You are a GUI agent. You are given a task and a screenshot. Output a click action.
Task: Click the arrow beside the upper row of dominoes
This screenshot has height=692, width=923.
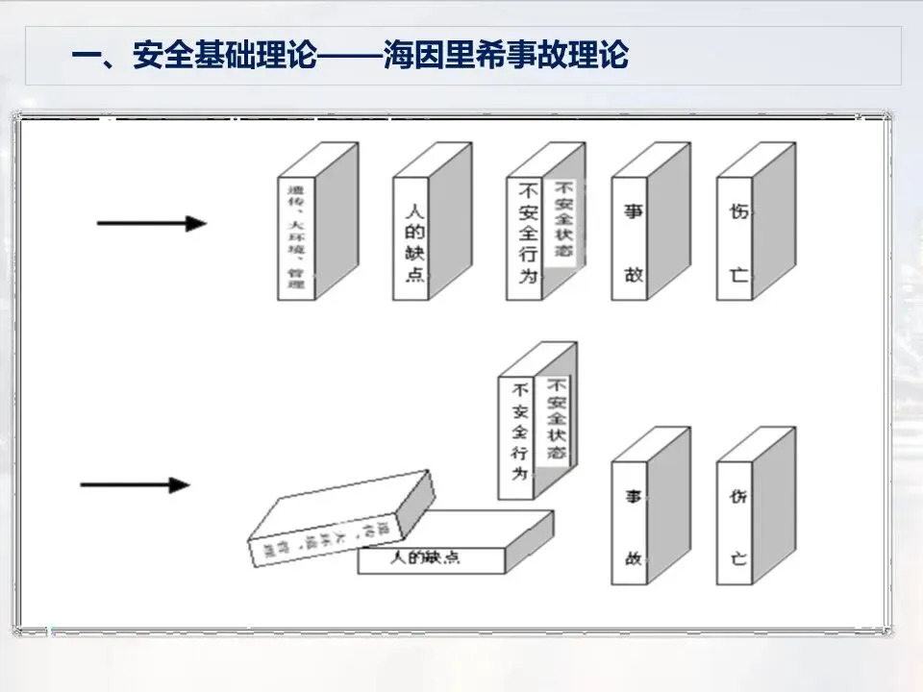click(x=152, y=224)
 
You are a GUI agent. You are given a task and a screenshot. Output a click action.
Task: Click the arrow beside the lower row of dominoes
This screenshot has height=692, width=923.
click(x=135, y=484)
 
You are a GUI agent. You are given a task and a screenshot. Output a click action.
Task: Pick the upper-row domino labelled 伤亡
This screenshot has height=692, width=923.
click(x=737, y=237)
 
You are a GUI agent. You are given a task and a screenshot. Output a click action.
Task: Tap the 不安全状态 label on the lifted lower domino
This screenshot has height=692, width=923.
click(x=557, y=419)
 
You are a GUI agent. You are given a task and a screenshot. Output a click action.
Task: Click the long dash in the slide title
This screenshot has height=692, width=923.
click(x=347, y=55)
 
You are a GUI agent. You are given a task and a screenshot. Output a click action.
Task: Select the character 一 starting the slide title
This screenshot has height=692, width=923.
click(x=87, y=55)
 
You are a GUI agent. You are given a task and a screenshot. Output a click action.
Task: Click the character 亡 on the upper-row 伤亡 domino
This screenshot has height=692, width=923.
click(x=737, y=275)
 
